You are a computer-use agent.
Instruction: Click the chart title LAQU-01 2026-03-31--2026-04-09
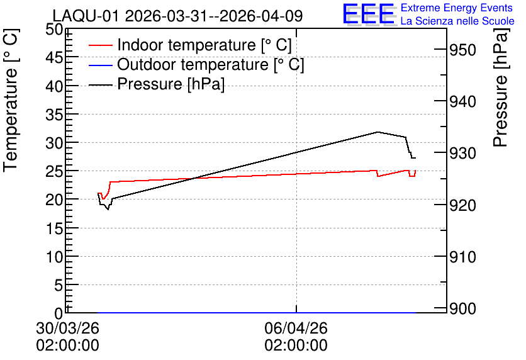pos(177,16)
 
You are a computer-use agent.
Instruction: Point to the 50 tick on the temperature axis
pos(54,30)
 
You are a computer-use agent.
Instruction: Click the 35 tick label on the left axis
pos(54,115)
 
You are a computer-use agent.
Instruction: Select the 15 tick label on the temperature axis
pos(54,228)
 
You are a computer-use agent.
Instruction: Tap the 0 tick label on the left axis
pos(59,313)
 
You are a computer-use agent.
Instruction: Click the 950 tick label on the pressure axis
pos(462,50)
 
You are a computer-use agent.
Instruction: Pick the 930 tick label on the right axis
pos(462,154)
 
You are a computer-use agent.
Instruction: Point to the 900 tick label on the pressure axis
pos(462,308)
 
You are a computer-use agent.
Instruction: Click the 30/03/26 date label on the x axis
pos(68,328)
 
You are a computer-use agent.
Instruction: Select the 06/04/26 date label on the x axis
pos(296,328)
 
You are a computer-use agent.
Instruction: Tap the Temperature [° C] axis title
pos(11,101)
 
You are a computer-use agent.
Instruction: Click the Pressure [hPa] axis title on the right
pos(500,87)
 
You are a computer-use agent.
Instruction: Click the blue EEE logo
pos(369,14)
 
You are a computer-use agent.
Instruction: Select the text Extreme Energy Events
pos(457,8)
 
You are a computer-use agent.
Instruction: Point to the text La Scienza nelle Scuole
pos(457,21)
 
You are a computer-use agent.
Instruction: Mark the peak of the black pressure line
pos(378,132)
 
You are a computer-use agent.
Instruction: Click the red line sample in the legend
pos(100,45)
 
